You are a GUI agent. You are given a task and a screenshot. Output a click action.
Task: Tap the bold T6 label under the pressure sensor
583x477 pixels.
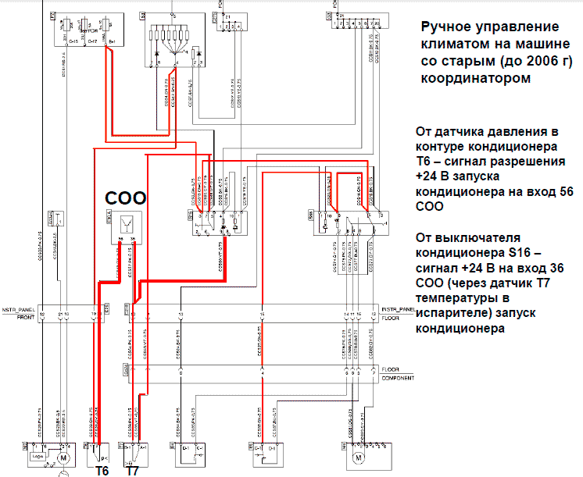pos(102,471)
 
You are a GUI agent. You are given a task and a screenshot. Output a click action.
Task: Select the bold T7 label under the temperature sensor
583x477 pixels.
pos(133,471)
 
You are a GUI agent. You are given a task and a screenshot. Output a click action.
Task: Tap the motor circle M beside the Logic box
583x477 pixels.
pos(66,455)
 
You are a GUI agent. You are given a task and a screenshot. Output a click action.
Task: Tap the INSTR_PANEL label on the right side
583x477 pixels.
pos(400,310)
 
